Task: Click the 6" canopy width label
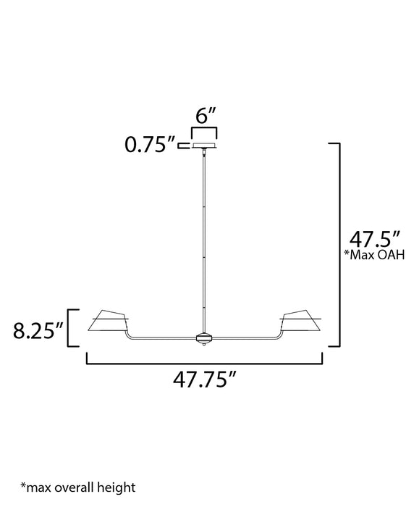tap(203, 116)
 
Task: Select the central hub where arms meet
tap(203, 338)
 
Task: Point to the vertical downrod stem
tap(203, 239)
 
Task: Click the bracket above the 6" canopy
tap(203, 130)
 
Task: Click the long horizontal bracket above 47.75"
tap(204, 360)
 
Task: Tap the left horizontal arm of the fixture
tap(163, 337)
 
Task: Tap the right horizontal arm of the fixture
tap(246, 337)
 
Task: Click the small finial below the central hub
tap(203, 345)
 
